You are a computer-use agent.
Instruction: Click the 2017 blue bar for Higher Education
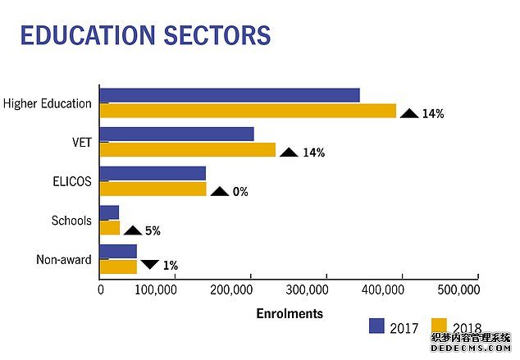coord(230,95)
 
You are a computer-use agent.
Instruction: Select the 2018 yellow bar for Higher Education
coord(248,111)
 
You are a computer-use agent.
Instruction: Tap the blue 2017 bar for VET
coord(177,134)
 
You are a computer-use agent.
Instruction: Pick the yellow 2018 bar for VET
coord(188,149)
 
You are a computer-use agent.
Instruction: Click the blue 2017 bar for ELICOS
coord(153,173)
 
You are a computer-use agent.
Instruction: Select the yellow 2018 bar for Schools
coord(110,228)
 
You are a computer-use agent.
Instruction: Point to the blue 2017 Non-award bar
coord(118,251)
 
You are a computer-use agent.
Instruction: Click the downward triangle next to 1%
coord(150,264)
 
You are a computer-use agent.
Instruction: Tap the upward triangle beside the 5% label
coord(133,230)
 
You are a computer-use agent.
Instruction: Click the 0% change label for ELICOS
coord(240,192)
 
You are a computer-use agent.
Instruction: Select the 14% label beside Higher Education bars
coord(433,114)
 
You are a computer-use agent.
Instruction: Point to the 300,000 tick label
coord(307,289)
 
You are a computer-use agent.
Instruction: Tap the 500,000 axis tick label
coord(458,289)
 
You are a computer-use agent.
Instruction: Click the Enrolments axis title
coord(290,313)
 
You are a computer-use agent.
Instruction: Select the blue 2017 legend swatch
coord(376,326)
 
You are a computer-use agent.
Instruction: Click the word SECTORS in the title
coord(217,34)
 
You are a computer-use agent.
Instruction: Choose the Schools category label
coord(71,221)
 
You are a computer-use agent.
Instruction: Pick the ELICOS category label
coord(72,181)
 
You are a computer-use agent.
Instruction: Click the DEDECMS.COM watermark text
coord(471,348)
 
